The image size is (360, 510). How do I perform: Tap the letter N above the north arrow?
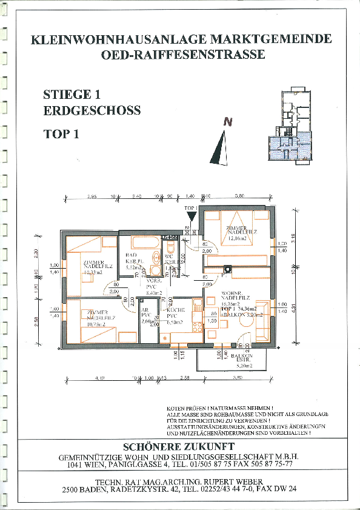coord(227,122)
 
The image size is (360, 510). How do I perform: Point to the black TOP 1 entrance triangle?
coord(192,215)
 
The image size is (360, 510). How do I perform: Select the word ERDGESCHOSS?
coord(92,111)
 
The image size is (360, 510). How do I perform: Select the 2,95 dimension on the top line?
coord(92,196)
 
